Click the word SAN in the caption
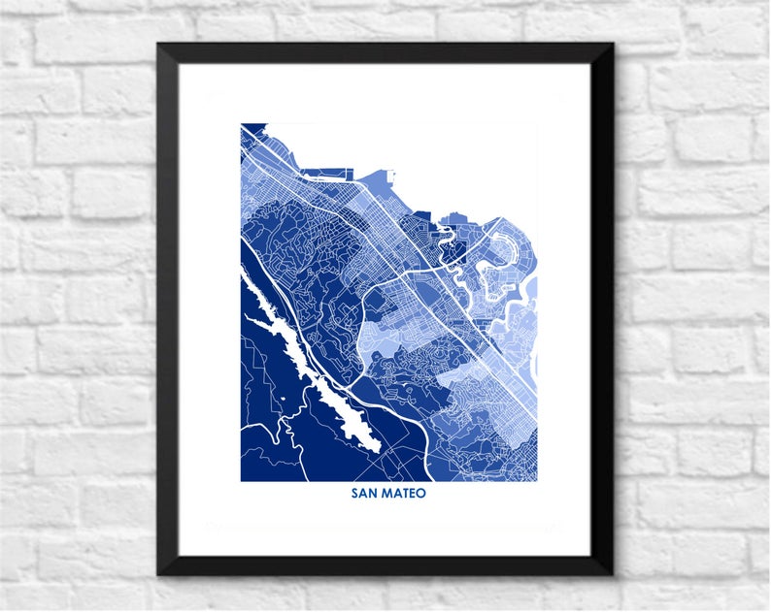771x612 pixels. pyautogui.click(x=364, y=494)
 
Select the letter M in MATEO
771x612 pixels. pyautogui.click(x=385, y=494)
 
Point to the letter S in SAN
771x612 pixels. pyautogui.click(x=355, y=494)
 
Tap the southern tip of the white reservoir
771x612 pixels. pyautogui.click(x=375, y=447)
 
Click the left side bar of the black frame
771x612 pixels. pyautogui.click(x=168, y=310)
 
